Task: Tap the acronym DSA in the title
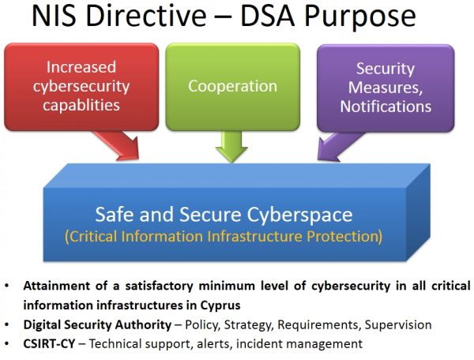click(267, 16)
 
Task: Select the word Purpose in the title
click(360, 17)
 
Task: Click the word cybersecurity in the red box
click(81, 87)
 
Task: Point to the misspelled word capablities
click(81, 106)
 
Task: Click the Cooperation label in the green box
click(232, 86)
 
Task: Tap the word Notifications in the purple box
click(386, 107)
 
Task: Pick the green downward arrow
click(231, 147)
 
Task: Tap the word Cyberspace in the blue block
click(299, 215)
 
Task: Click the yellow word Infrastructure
click(255, 237)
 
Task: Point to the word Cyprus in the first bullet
click(220, 306)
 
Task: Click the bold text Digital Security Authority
click(97, 325)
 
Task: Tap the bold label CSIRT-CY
click(49, 343)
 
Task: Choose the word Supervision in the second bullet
click(398, 325)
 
